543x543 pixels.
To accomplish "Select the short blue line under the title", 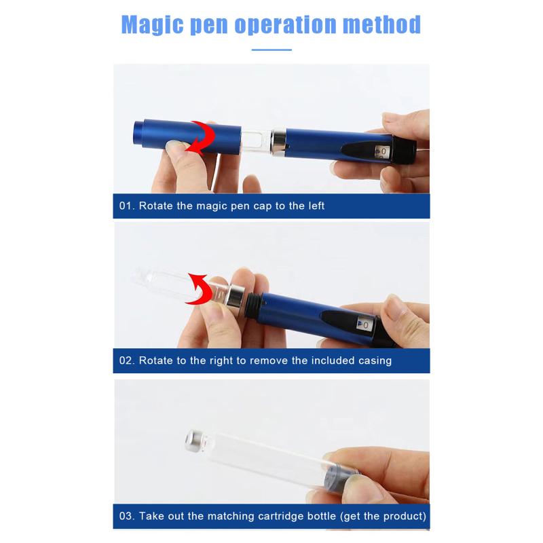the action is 271,50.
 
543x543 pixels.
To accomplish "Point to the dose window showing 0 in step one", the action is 382,151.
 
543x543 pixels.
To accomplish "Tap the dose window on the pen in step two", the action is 364,324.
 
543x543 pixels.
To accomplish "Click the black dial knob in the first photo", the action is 404,150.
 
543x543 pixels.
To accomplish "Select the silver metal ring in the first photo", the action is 278,142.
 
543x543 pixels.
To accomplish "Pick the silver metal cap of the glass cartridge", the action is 195,441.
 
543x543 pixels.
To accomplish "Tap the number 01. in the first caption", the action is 127,206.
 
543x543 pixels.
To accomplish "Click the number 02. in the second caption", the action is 127,360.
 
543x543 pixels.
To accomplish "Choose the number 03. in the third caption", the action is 127,516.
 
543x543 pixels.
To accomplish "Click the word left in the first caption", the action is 316,206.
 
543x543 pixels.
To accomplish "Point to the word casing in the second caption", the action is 375,361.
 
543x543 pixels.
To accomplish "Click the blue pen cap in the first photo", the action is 187,136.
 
